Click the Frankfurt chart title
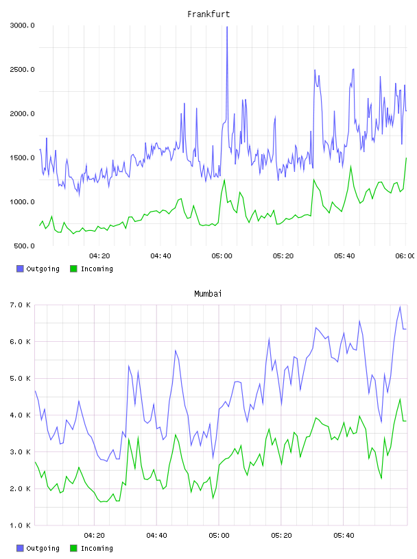(208, 14)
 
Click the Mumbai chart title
(208, 294)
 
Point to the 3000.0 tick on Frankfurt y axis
(22, 25)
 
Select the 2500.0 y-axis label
(22, 69)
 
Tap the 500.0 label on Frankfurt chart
(24, 246)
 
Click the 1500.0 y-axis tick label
(22, 158)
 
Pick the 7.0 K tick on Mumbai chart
(20, 305)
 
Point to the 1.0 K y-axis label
(20, 525)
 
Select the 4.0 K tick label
(20, 415)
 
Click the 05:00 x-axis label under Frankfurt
(222, 256)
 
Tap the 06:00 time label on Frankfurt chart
(405, 256)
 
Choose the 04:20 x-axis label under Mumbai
(94, 536)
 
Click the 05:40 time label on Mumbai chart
(344, 536)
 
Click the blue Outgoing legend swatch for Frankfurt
(20, 269)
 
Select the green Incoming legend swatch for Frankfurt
(73, 269)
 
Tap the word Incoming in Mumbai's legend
(97, 548)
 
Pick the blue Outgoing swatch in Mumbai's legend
(20, 548)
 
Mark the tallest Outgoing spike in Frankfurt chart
(227, 27)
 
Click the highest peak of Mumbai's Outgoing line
(400, 307)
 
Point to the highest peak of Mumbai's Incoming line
(400, 399)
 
